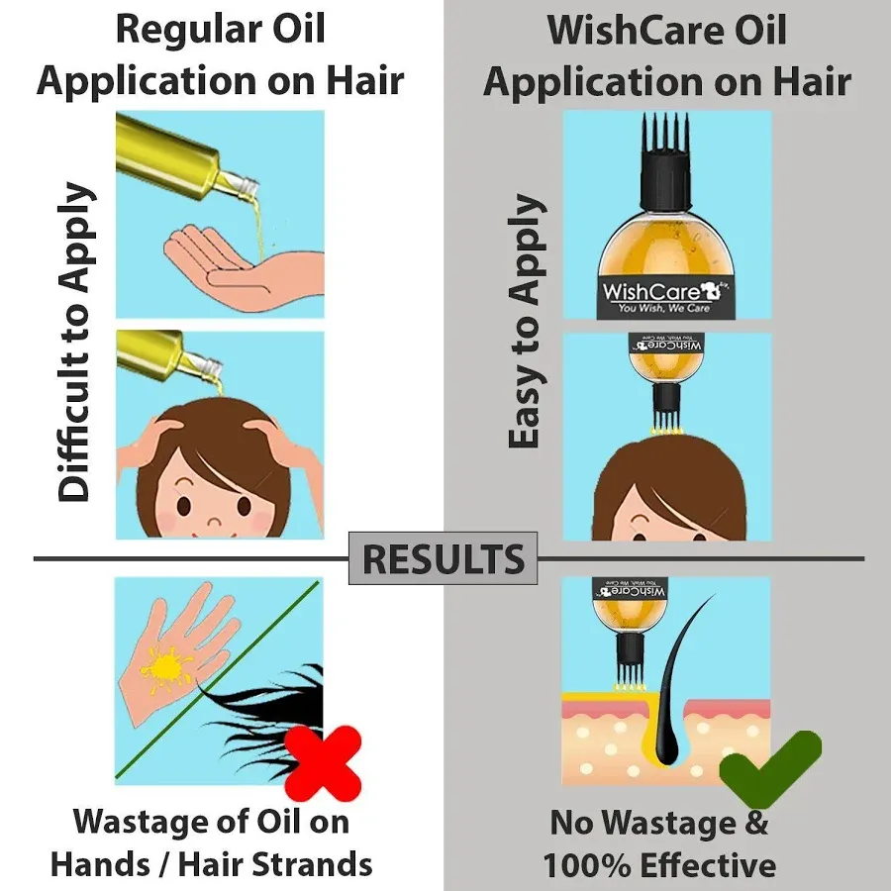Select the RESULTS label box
(x=443, y=559)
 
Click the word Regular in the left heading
(x=189, y=30)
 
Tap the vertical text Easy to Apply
(x=526, y=322)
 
